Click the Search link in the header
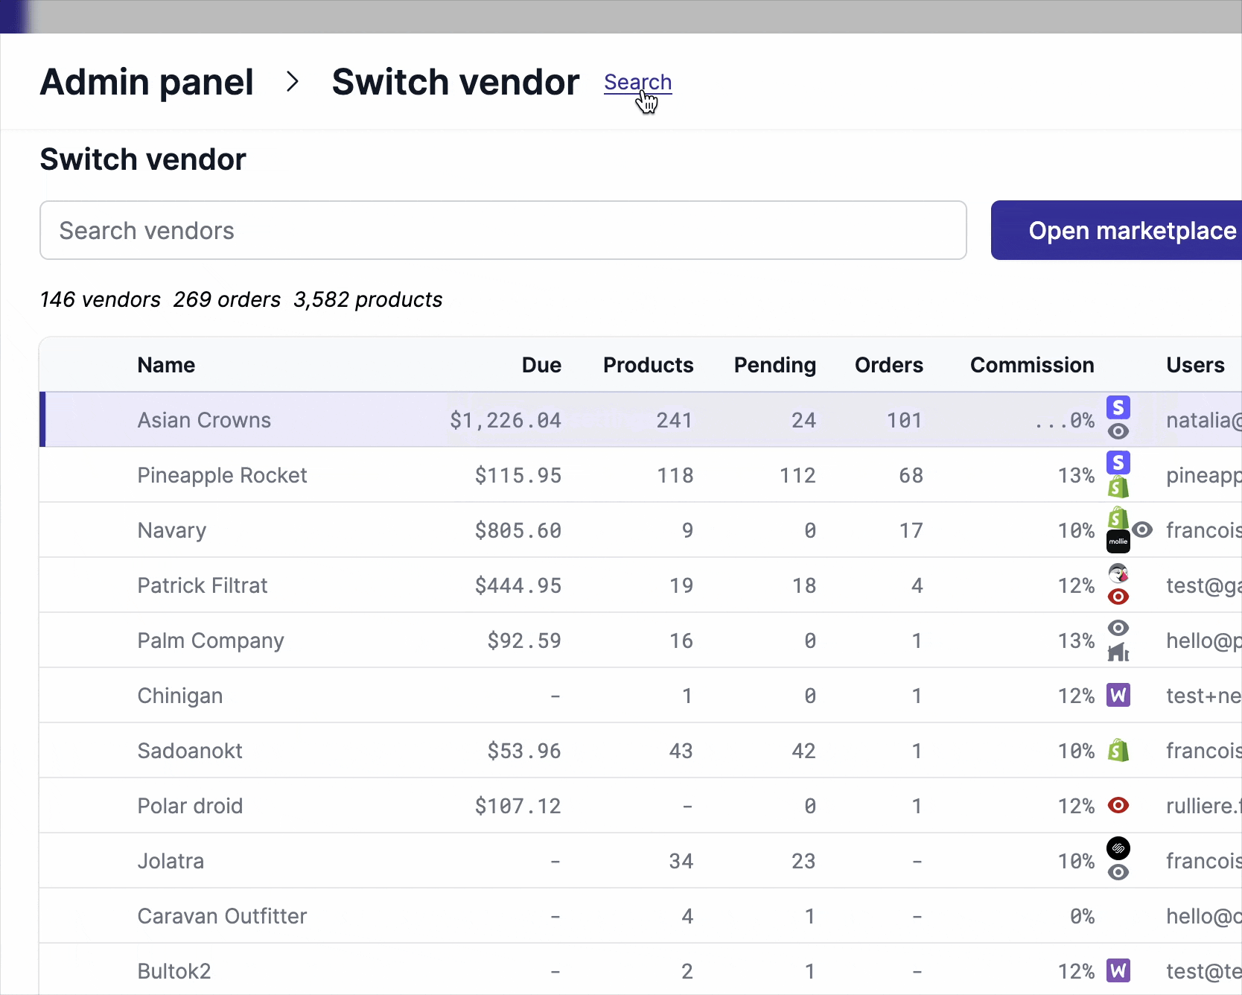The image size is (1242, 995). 637,82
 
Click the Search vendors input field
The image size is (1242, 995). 503,230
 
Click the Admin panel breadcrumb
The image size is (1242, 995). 147,82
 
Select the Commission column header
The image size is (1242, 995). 1031,365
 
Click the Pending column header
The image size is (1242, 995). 774,365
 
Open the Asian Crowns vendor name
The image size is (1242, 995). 204,420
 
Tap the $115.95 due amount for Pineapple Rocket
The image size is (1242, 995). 518,475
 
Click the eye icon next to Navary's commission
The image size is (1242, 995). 1142,530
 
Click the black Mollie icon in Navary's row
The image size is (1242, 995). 1118,541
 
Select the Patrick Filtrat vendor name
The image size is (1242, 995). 203,585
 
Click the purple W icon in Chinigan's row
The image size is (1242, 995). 1118,696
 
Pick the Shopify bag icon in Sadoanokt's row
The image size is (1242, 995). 1118,750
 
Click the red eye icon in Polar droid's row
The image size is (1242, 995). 1118,805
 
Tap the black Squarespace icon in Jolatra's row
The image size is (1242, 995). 1118,848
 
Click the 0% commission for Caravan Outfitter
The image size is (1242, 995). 1082,916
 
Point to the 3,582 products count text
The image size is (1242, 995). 368,299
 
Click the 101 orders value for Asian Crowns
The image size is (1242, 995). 904,420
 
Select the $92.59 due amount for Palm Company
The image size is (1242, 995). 524,640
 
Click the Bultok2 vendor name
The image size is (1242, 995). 174,971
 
